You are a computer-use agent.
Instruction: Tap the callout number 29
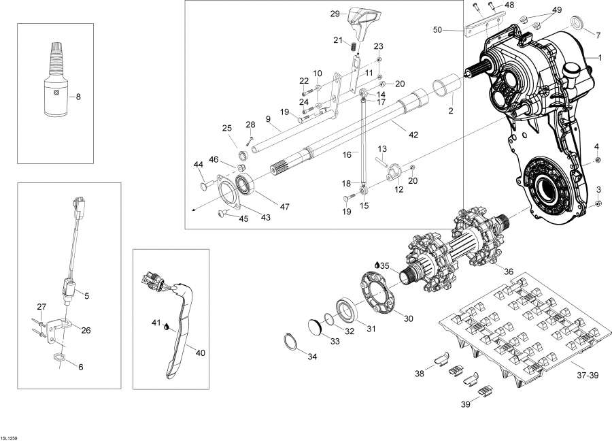pos(335,14)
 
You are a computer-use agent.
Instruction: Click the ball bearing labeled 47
pos(245,185)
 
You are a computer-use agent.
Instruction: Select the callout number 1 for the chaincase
pos(600,58)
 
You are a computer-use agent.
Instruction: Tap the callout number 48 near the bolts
pos(508,5)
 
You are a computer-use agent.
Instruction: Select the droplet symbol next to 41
pos(165,327)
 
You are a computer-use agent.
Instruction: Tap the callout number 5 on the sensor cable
pos(86,295)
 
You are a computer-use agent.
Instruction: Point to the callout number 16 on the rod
pos(346,154)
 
